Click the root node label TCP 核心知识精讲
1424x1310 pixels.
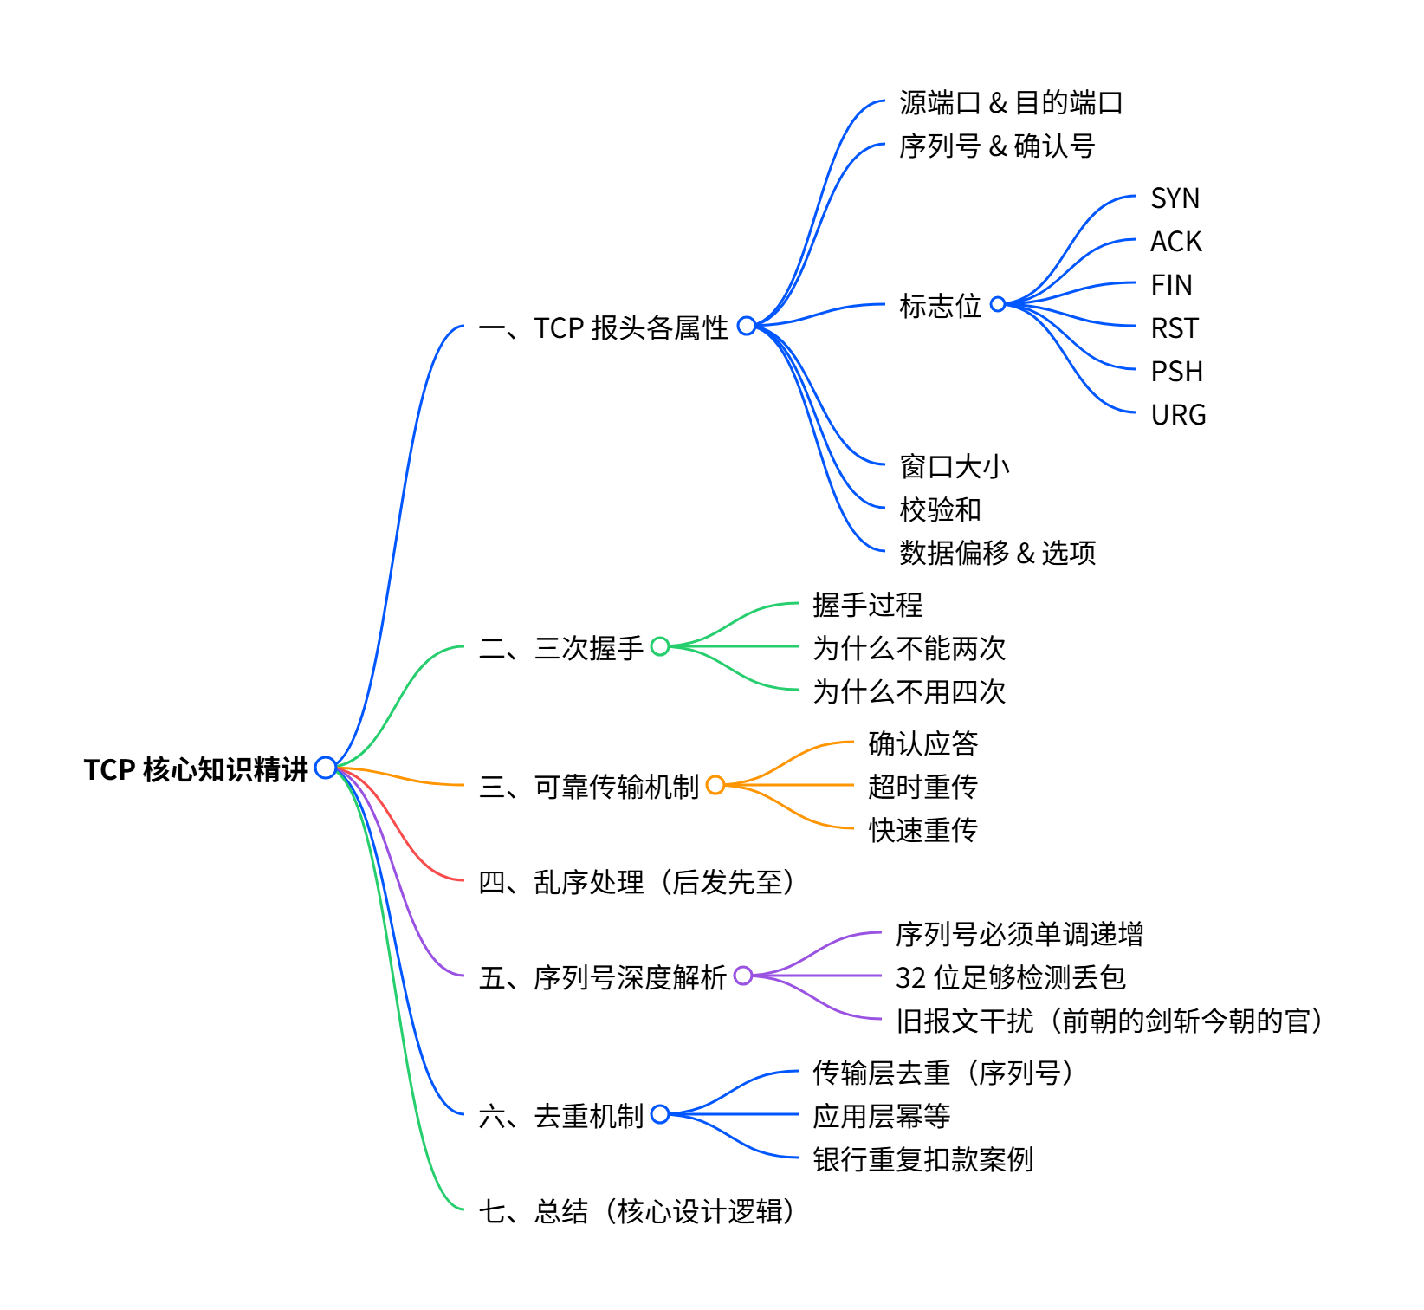196,769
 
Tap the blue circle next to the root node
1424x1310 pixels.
326,768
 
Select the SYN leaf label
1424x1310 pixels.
1175,198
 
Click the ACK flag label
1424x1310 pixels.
1175,242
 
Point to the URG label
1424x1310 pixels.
1178,415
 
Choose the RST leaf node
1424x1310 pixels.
1175,328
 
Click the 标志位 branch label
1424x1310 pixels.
940,306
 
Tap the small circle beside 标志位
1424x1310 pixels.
998,304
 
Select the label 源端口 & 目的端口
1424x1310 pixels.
1011,103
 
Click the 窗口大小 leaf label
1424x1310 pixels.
955,466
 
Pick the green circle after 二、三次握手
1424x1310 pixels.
660,646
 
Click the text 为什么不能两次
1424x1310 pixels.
909,648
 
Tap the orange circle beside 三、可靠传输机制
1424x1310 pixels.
715,785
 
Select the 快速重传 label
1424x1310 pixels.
922,830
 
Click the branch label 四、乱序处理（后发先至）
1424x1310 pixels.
637,882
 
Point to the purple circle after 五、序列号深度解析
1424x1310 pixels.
743,976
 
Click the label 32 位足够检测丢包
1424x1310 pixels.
1010,977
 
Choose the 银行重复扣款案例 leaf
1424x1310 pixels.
922,1159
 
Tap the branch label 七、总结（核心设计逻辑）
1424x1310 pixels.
637,1211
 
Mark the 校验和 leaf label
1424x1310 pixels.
940,509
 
